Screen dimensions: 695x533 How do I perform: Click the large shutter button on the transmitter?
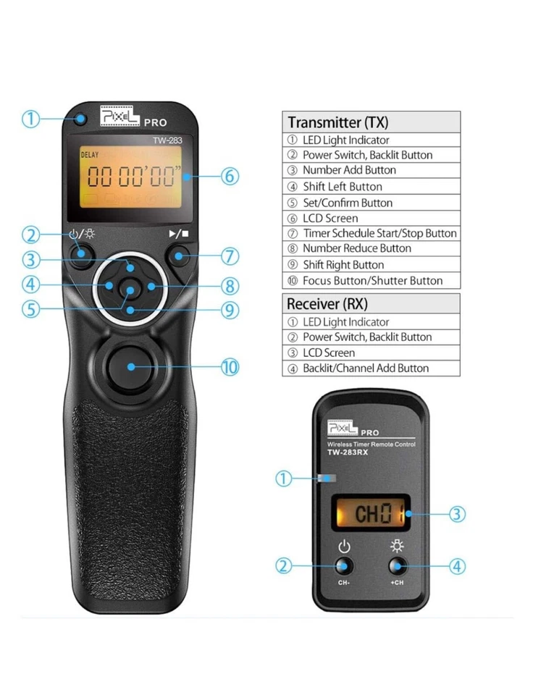pyautogui.click(x=131, y=366)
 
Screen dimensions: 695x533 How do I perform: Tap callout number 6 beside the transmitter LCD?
pyautogui.click(x=230, y=176)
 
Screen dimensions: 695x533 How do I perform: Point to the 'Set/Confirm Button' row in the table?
pyautogui.click(x=371, y=203)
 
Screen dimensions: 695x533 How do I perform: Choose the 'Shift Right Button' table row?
pyautogui.click(x=371, y=265)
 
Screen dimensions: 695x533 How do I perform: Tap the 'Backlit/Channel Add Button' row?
pyautogui.click(x=371, y=368)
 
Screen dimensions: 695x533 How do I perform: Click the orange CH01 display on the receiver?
pyautogui.click(x=370, y=515)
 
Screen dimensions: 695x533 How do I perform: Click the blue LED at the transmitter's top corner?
pyautogui.click(x=82, y=119)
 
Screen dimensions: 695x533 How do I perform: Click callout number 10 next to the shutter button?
pyautogui.click(x=230, y=367)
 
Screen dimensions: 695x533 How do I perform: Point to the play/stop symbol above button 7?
pyautogui.click(x=178, y=234)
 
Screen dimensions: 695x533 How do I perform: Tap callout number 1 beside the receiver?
pyautogui.click(x=284, y=478)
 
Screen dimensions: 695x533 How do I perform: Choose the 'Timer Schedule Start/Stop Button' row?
pyautogui.click(x=371, y=233)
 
